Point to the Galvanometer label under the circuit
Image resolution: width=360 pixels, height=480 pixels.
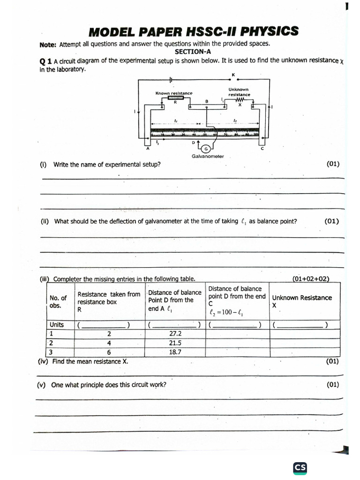(x=208, y=157)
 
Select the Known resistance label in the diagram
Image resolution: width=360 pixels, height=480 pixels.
(x=174, y=93)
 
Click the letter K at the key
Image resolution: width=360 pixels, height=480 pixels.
(x=233, y=75)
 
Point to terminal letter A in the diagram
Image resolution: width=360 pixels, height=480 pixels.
(x=148, y=149)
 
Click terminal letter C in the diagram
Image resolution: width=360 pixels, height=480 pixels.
(x=262, y=149)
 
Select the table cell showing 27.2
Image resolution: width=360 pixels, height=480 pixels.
(x=175, y=334)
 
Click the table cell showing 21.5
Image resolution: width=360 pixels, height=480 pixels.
(x=175, y=343)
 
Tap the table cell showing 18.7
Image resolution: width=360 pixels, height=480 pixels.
(x=175, y=352)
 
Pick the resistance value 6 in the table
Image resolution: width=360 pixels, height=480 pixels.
(x=109, y=352)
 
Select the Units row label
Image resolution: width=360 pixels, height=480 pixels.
(x=57, y=325)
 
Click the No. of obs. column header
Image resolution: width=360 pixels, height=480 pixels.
(x=58, y=301)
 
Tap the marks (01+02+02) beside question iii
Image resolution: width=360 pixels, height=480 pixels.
(x=311, y=279)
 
